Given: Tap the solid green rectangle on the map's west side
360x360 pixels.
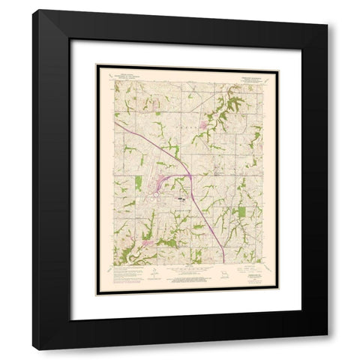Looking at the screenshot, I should click(138, 183).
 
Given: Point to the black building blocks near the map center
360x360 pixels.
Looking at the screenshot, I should click(182, 199).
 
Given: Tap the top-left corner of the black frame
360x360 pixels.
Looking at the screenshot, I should click(33, 10).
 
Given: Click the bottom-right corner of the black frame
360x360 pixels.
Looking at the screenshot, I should click(327, 349).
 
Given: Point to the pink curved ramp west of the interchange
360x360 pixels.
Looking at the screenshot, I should click(161, 183).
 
